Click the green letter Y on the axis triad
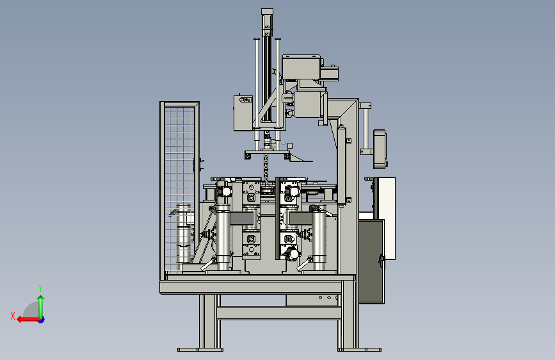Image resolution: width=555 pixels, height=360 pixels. (40, 288)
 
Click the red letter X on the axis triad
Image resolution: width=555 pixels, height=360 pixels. (13, 316)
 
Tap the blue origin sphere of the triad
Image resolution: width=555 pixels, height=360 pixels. (42, 320)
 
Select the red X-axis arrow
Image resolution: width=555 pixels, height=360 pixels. (28, 320)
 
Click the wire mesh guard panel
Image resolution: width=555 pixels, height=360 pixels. (179, 188)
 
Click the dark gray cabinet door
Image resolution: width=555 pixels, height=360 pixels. (371, 261)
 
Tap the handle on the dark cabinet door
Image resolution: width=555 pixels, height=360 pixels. (382, 261)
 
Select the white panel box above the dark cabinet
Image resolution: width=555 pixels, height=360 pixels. (387, 218)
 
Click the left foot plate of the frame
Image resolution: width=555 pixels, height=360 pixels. (200, 350)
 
